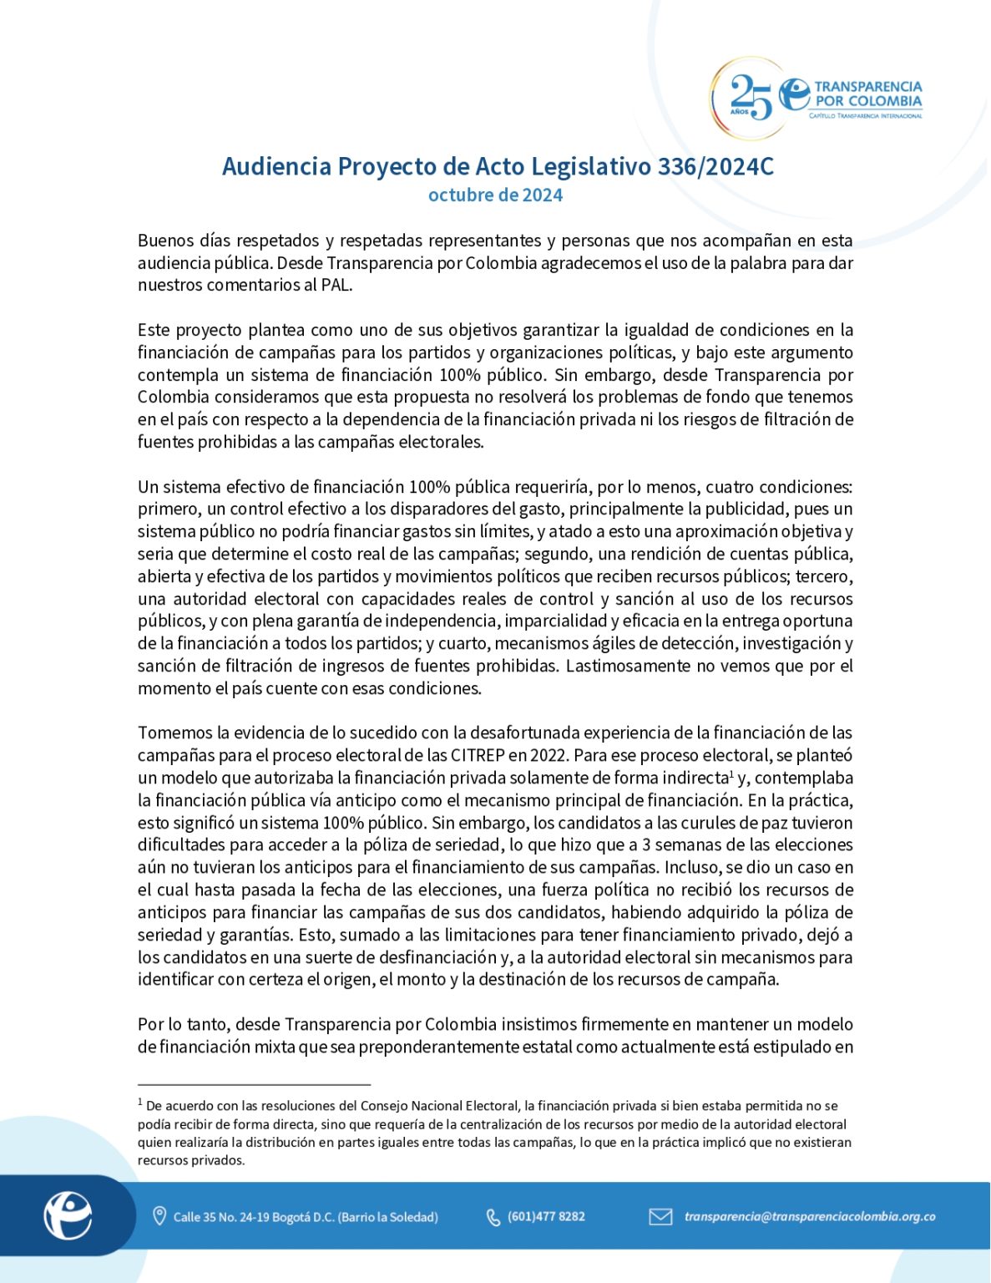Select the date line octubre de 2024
pos(495,195)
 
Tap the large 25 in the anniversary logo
pos(751,97)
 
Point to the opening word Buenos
pos(166,241)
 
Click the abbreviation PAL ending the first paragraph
pos(336,285)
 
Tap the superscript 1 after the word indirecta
pos(731,773)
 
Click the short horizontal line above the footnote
pos(254,1084)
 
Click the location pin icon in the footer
pos(159,1216)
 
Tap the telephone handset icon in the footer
pos(493,1217)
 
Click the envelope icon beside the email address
pos(660,1216)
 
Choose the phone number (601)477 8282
pos(546,1216)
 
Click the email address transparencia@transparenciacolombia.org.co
pos(810,1216)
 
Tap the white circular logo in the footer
pos(68,1215)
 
